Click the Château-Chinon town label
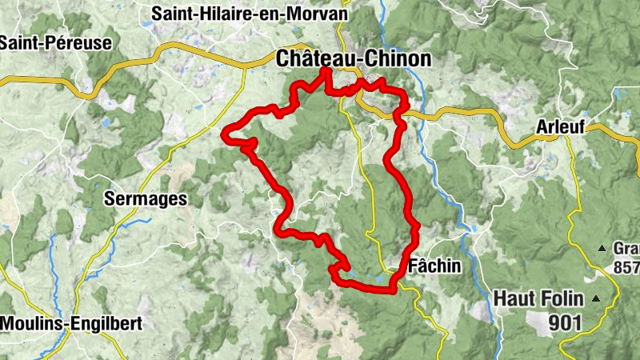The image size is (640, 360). (x=353, y=58)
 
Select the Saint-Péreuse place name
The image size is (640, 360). (x=55, y=43)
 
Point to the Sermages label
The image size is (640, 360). (x=146, y=199)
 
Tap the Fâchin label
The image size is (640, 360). (x=434, y=266)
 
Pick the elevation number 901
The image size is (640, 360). (x=565, y=322)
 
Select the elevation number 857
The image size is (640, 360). (x=626, y=266)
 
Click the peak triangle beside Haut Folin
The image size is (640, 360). (x=595, y=298)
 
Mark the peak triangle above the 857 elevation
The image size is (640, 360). (x=602, y=248)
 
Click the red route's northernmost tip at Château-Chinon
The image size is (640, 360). (x=326, y=72)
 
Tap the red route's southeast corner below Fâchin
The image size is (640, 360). (x=394, y=290)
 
